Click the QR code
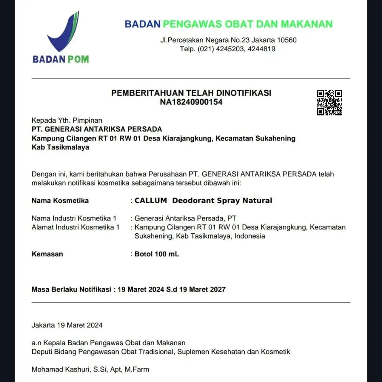pyautogui.click(x=329, y=103)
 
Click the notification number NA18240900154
pyautogui.click(x=191, y=102)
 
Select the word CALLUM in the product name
pyautogui.click(x=151, y=200)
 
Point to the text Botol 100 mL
pyautogui.click(x=157, y=254)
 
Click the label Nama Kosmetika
pyautogui.click(x=60, y=200)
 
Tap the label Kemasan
pyautogui.click(x=47, y=254)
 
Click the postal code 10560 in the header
pyautogui.click(x=287, y=40)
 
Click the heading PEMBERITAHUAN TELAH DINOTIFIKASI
pyautogui.click(x=191, y=93)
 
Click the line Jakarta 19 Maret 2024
pyautogui.click(x=67, y=325)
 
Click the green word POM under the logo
pyautogui.click(x=78, y=59)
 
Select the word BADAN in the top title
pyautogui.click(x=143, y=24)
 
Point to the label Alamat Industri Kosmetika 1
pyautogui.click(x=76, y=227)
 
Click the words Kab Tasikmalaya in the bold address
pyautogui.click(x=60, y=147)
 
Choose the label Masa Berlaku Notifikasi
pyautogui.click(x=71, y=289)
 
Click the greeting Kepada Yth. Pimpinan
pyautogui.click(x=67, y=120)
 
